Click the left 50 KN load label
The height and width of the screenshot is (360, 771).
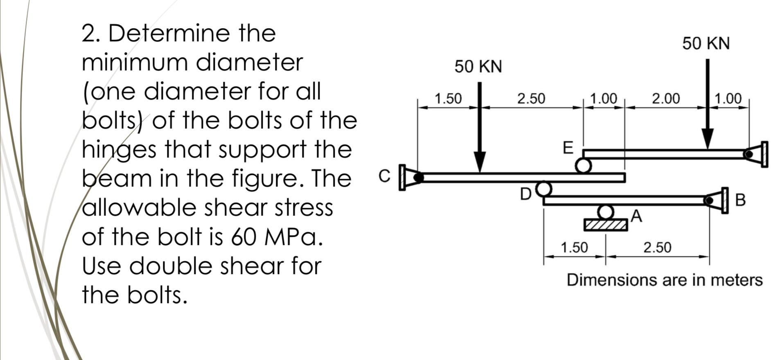coord(478,66)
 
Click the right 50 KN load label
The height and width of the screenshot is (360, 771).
coord(706,43)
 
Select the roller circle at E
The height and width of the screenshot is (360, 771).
coord(583,166)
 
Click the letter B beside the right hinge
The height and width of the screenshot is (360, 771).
coord(740,200)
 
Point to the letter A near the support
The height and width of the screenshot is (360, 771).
coord(636,216)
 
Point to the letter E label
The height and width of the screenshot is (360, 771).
coord(568,148)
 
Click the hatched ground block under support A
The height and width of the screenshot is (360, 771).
coord(606,225)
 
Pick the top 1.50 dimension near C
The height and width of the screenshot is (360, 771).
coord(448,99)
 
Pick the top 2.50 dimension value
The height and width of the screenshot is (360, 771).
coord(531,99)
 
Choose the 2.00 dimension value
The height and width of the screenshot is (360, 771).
coord(666,99)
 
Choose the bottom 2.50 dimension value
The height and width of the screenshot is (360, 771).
coord(657,248)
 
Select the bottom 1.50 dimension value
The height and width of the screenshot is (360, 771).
coord(574,248)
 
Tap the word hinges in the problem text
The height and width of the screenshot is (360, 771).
coord(119,150)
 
